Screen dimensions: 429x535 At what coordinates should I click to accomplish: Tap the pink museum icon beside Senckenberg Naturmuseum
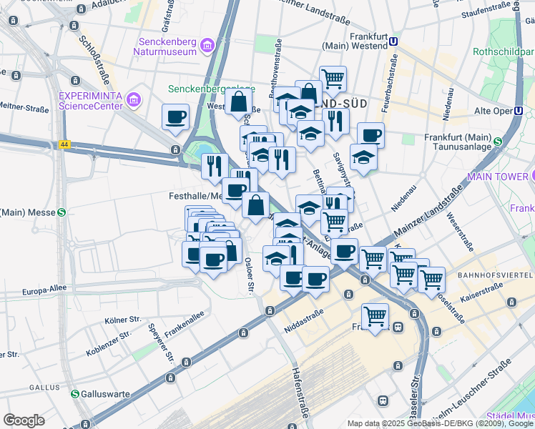click(208, 46)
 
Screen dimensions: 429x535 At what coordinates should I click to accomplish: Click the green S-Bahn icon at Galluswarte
click(75, 394)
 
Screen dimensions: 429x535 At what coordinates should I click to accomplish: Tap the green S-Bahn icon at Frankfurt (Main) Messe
click(62, 212)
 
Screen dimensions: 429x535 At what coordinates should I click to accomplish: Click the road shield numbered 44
click(65, 144)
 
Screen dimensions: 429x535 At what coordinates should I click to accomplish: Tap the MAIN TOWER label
click(496, 176)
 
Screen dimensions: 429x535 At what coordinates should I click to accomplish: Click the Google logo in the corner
click(23, 420)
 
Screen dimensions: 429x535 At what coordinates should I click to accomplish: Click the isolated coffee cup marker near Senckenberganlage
click(175, 117)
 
